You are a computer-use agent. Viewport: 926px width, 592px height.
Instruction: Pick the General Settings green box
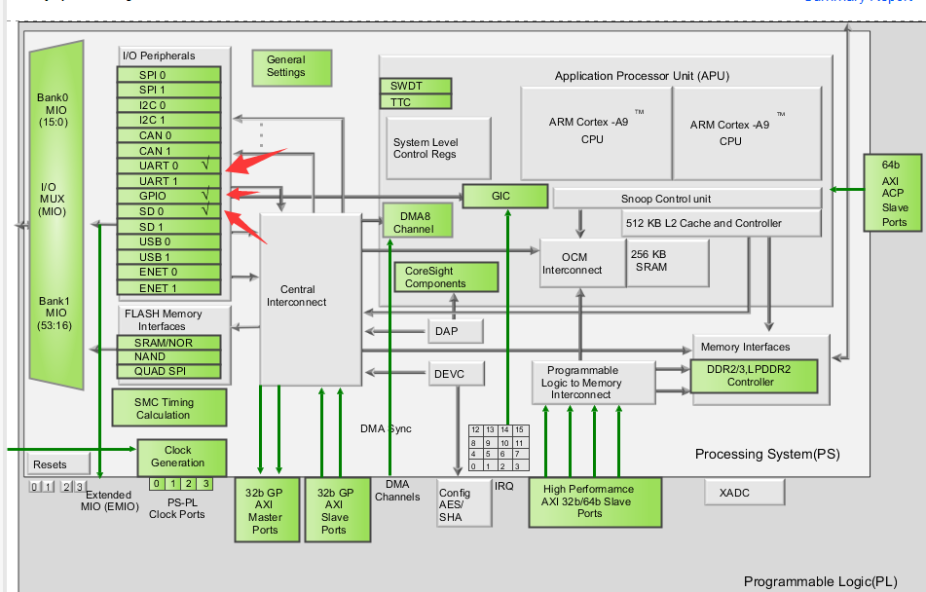[285, 66]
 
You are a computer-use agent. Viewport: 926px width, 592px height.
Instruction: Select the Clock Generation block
[181, 457]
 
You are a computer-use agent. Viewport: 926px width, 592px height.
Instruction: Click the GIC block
[504, 196]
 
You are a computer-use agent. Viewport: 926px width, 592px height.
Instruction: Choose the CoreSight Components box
[435, 277]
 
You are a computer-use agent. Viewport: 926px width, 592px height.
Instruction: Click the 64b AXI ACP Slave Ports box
[894, 193]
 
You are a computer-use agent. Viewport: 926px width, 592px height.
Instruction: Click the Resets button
[50, 464]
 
